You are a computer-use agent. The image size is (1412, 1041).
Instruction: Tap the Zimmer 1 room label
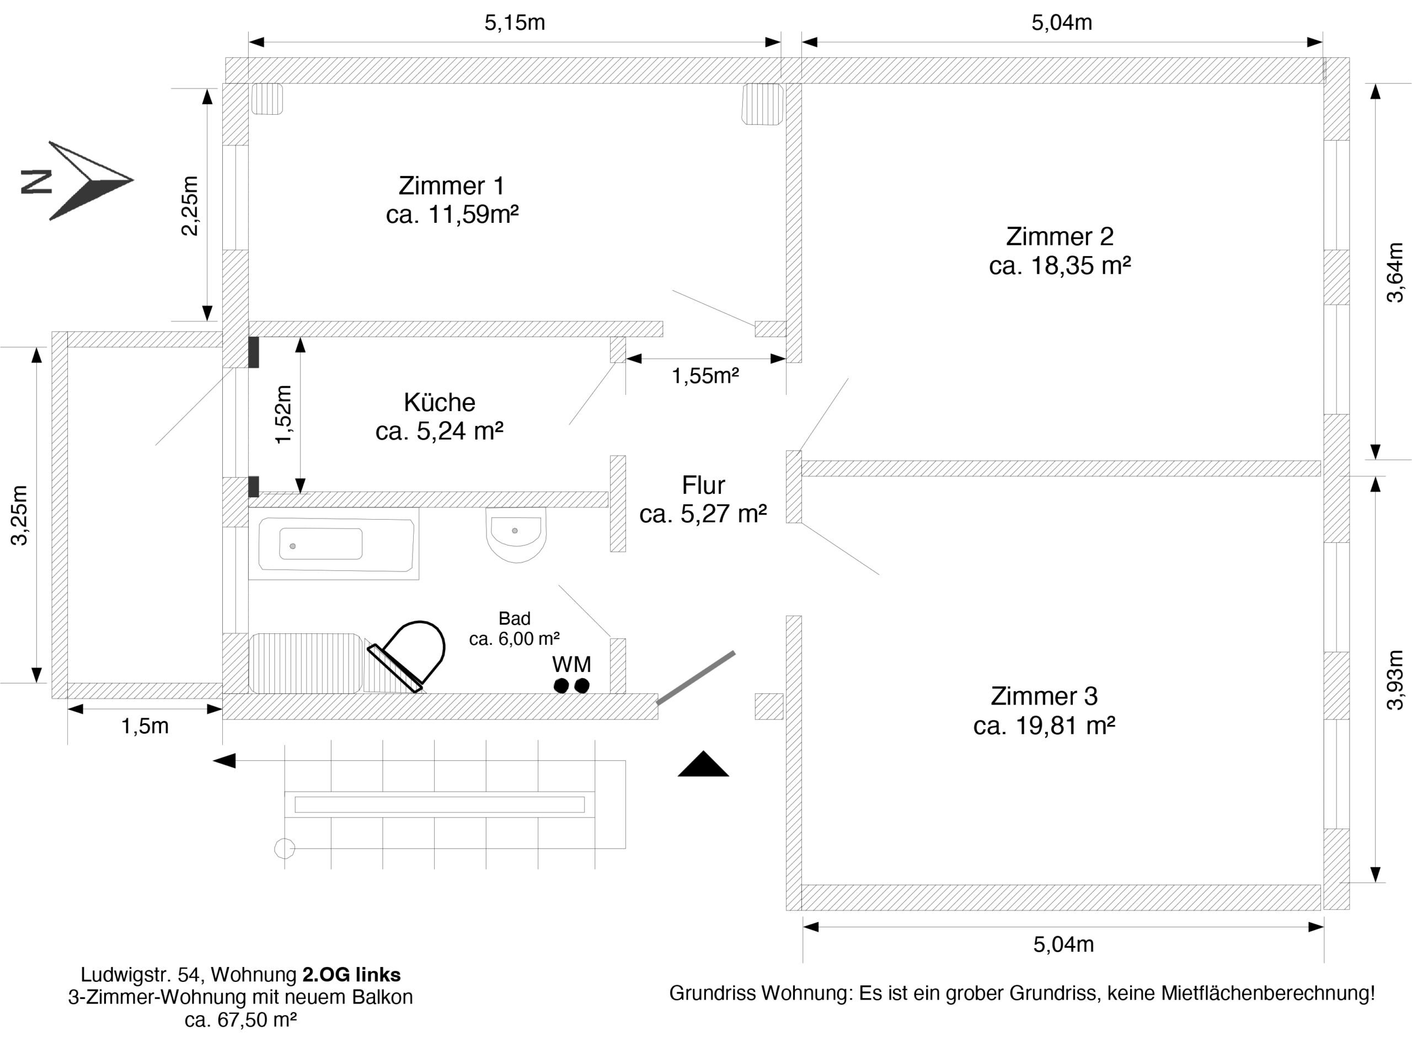[x=451, y=186]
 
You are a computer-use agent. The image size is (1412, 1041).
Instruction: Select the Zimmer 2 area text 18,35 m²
[x=1060, y=266]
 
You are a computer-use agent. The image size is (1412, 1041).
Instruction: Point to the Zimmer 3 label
[x=1044, y=696]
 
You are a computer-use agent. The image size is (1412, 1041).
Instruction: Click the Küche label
[x=439, y=402]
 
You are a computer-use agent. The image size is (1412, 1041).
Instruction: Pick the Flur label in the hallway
[x=703, y=485]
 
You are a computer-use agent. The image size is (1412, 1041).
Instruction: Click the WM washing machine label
[x=571, y=664]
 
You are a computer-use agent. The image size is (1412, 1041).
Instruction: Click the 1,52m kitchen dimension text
[x=284, y=414]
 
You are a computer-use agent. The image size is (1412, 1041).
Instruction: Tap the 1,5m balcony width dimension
[x=145, y=726]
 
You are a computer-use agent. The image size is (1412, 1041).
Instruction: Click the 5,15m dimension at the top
[x=514, y=23]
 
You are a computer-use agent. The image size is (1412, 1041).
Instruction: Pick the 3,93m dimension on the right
[x=1395, y=680]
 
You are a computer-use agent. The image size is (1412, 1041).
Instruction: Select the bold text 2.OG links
[x=351, y=974]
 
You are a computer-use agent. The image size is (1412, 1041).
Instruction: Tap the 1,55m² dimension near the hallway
[x=705, y=376]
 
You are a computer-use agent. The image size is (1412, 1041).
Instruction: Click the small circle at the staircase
[x=285, y=848]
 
